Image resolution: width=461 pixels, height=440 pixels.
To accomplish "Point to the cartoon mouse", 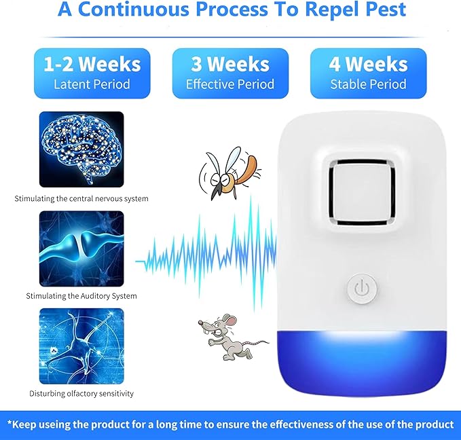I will coord(223,336).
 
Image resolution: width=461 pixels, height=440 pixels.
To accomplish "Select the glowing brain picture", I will coord(81,149).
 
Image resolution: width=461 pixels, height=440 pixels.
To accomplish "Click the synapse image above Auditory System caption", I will coord(81,248).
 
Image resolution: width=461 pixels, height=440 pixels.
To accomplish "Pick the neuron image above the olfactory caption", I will coord(81,346).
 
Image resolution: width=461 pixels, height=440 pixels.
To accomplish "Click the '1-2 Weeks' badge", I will coord(92,73).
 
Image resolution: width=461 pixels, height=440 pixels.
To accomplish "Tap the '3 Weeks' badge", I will coord(230,73).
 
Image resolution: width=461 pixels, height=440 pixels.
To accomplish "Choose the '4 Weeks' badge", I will coord(368,73).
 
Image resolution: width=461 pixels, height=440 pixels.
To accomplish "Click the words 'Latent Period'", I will coord(92,85).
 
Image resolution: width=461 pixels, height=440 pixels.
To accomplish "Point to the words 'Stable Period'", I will coord(368,85).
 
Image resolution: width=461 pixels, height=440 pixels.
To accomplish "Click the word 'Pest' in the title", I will coord(381,10).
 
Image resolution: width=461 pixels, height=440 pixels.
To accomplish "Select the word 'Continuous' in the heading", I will coord(139,10).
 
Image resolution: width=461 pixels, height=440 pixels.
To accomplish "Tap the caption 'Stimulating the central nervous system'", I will coord(81,199).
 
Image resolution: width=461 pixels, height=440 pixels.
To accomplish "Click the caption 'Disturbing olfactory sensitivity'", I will coord(81,393).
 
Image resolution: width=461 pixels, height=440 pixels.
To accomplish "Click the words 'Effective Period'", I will coord(230,85).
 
